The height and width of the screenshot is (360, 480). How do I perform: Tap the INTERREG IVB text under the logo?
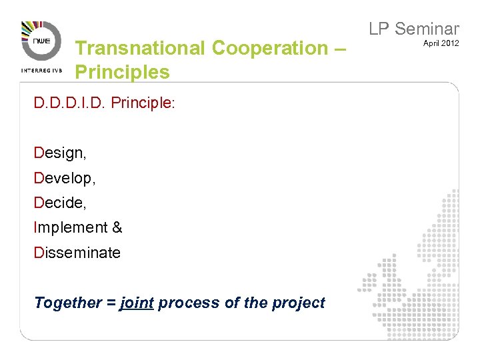point(41,69)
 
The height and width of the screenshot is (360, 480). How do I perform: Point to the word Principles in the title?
point(123,71)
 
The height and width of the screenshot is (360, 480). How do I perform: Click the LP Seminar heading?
point(414,29)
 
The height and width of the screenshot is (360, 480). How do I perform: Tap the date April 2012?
point(441,43)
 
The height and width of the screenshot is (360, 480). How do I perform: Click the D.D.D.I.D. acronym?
point(71,104)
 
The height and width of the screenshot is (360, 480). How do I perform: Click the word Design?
point(60,153)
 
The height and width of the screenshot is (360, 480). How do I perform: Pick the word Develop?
point(64,178)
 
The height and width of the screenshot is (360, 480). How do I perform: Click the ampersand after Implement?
point(117,227)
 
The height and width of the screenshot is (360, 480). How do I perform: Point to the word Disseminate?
point(77,253)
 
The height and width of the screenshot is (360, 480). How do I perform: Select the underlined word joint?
point(137,303)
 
